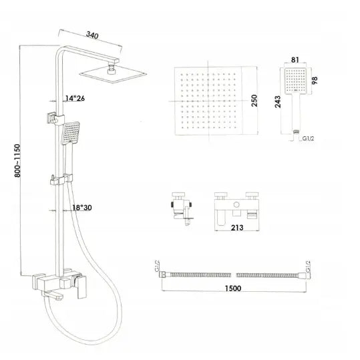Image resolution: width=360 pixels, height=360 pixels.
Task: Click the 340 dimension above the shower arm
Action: click(x=92, y=35)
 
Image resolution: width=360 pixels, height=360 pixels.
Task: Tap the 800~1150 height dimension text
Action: click(x=17, y=160)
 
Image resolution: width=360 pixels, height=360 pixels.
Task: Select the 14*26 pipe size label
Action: click(x=75, y=98)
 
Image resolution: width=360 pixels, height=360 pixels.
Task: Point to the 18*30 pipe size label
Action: click(x=82, y=208)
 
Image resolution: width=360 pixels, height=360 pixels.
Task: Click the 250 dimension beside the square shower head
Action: click(x=254, y=101)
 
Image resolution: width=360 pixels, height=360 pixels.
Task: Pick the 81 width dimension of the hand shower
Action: click(x=295, y=60)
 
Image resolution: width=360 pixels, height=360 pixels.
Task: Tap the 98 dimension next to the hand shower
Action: click(x=315, y=80)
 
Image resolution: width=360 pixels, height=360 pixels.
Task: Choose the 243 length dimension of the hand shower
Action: click(x=278, y=102)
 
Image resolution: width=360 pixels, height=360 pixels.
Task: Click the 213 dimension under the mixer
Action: click(x=237, y=228)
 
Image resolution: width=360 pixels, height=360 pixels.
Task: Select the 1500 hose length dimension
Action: click(x=233, y=288)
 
